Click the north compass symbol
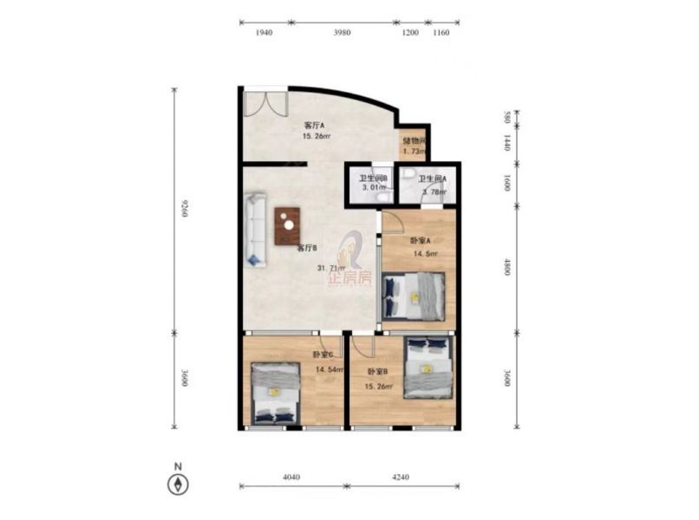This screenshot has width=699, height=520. [x=178, y=484]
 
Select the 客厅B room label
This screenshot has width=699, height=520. [x=306, y=248]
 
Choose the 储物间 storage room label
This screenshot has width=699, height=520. [x=413, y=140]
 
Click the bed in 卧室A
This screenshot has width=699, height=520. [x=414, y=296]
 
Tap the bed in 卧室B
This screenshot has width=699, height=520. [x=428, y=367]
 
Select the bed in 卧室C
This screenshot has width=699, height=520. [x=275, y=392]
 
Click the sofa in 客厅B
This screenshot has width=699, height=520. [x=256, y=230]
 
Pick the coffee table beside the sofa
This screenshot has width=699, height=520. [x=287, y=225]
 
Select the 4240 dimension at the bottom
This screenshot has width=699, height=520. [x=400, y=476]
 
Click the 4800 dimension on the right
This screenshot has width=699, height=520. [x=506, y=269]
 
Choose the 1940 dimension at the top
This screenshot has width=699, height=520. [x=265, y=32]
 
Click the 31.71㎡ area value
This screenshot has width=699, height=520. [x=331, y=268]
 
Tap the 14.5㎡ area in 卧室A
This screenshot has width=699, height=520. [x=425, y=254]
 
